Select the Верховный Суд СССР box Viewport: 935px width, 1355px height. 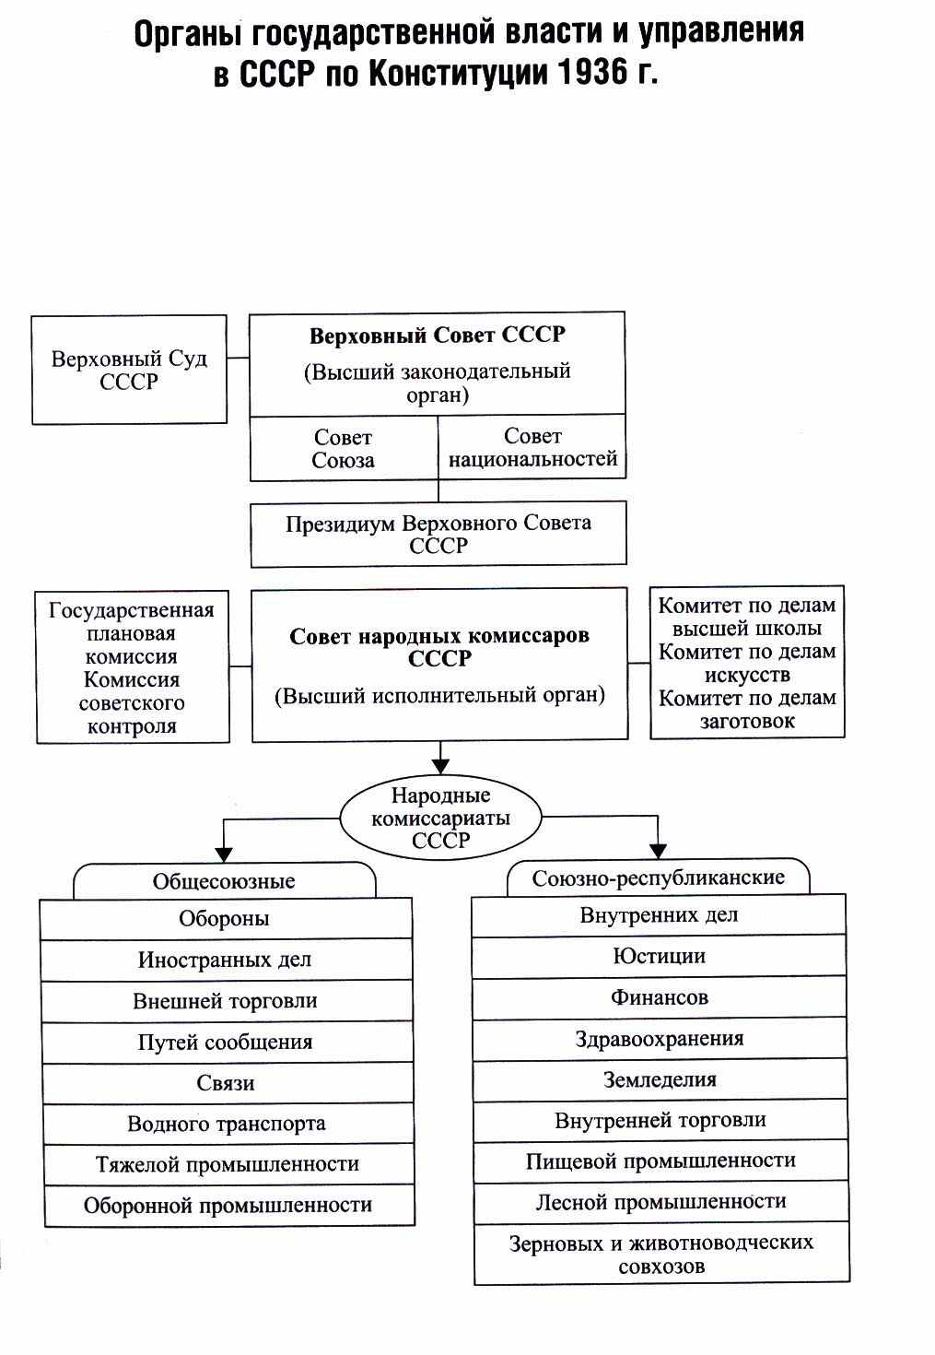[x=129, y=370]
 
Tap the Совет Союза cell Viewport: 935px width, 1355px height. [x=344, y=449]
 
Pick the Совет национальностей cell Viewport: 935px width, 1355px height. [x=532, y=448]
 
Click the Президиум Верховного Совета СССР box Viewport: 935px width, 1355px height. [x=438, y=534]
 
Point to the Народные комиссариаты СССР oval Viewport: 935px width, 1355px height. [x=440, y=818]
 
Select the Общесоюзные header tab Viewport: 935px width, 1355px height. [x=224, y=881]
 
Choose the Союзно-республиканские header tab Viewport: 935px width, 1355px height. [x=659, y=878]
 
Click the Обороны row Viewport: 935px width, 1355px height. [x=226, y=919]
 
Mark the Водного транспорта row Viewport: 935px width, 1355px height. [x=228, y=1124]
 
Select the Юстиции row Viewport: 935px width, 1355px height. [x=659, y=957]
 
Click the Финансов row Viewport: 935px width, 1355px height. [x=660, y=997]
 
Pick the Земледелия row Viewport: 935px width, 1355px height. [x=660, y=1079]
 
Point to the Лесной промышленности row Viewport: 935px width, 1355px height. [x=661, y=1202]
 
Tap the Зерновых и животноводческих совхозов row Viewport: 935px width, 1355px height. [x=661, y=1254]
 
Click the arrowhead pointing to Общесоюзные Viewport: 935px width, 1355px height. [x=224, y=854]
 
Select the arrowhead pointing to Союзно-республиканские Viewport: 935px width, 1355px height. [x=659, y=851]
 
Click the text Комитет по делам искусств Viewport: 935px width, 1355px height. [x=747, y=663]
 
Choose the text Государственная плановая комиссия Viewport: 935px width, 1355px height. [x=131, y=633]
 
